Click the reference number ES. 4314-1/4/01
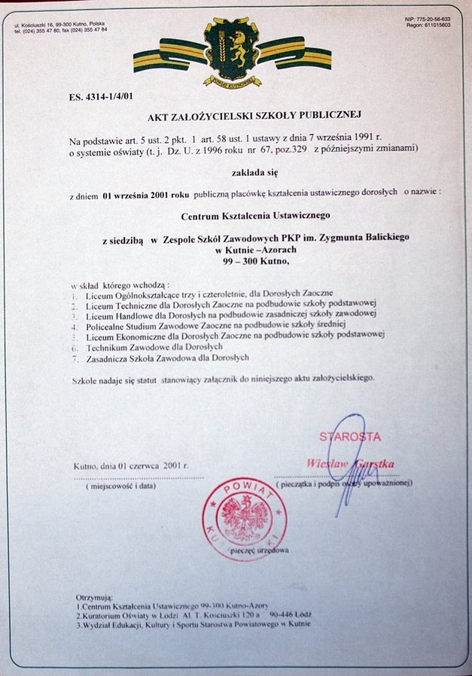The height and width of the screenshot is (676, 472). point(99,96)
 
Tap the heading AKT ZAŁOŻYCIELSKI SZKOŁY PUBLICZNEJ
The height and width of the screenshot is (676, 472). point(255,116)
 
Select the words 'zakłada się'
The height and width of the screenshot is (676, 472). point(256,172)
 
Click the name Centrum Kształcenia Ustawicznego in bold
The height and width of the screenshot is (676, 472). point(256,216)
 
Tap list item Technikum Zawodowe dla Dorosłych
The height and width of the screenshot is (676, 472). point(154,348)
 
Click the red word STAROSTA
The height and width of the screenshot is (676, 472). point(350,437)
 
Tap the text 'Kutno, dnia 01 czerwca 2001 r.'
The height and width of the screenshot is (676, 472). point(131,466)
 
